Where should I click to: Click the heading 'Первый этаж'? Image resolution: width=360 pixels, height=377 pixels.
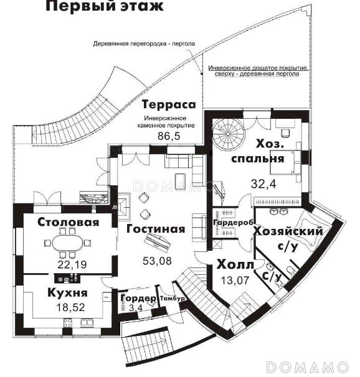(x=105, y=6)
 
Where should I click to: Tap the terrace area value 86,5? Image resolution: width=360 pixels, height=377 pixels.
(x=169, y=136)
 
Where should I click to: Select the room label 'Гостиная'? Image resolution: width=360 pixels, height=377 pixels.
(x=156, y=229)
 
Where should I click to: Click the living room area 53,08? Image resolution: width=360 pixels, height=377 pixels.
(x=157, y=261)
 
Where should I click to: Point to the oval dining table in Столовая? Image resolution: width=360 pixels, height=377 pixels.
(x=67, y=243)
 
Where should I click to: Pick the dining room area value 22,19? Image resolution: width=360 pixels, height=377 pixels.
(x=72, y=264)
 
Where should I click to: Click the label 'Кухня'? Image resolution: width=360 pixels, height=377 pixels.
(x=67, y=292)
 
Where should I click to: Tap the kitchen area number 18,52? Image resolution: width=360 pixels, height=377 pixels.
(x=71, y=307)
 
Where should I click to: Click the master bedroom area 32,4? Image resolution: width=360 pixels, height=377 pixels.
(x=263, y=184)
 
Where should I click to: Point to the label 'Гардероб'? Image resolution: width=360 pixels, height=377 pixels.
(x=233, y=223)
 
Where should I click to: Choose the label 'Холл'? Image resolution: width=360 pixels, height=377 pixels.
(x=235, y=264)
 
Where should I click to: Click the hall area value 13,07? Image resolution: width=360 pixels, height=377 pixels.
(x=235, y=281)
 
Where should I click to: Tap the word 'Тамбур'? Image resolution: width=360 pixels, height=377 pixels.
(x=173, y=299)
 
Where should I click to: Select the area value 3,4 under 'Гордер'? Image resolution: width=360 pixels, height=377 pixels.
(x=136, y=307)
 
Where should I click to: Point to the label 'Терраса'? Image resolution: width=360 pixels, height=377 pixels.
(x=169, y=105)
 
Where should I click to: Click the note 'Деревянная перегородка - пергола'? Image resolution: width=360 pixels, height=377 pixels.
(x=144, y=44)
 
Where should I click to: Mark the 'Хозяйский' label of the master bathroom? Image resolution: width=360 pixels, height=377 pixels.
(x=288, y=231)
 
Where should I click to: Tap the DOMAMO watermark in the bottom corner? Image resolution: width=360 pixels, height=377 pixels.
(x=308, y=367)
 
